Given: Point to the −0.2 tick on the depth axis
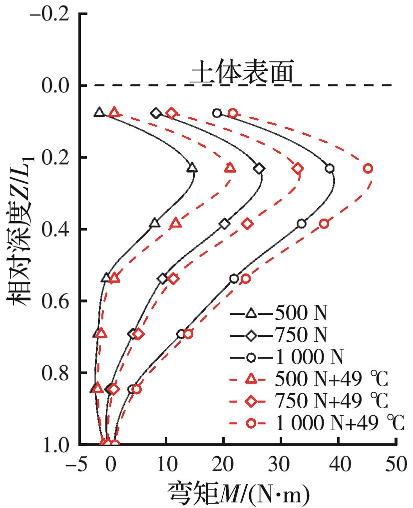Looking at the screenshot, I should pos(55,15).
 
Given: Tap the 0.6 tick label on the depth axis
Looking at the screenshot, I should pos(56,301).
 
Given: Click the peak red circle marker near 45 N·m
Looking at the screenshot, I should pos(368,169).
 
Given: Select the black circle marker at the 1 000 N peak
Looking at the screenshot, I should pos(330,169).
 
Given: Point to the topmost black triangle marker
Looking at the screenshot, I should pos(99,112).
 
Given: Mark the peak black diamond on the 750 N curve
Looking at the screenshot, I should pos(259,169).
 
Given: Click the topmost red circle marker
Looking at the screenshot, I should pos(233,113).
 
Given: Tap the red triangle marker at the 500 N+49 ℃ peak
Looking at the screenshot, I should pos(230,168).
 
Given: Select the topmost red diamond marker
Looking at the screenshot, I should pos(172,113).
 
